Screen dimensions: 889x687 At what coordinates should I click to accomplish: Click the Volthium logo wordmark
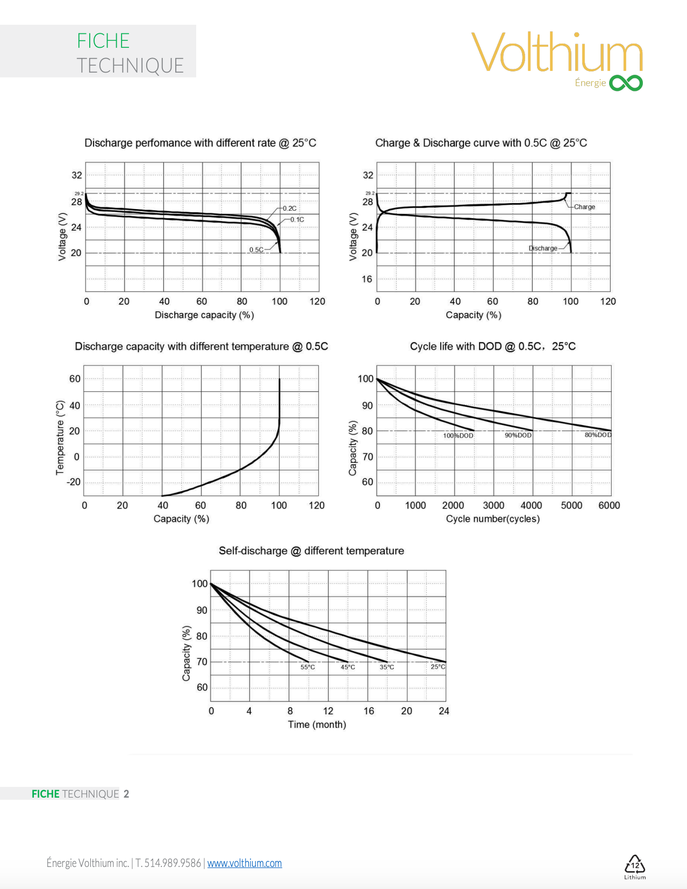tap(557, 52)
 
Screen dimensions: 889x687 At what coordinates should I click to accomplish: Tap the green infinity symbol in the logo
tap(626, 83)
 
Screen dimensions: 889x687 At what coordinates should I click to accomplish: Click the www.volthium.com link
tap(245, 863)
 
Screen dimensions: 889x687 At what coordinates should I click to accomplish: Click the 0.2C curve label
tap(290, 209)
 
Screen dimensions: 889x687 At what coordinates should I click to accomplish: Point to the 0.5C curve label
tap(256, 250)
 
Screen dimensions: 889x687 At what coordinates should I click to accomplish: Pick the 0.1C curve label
tap(297, 219)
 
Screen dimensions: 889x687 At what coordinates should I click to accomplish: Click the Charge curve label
tap(584, 207)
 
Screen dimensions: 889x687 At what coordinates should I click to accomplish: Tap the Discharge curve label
tap(543, 248)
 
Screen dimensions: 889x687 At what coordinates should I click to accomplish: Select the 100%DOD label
tap(458, 436)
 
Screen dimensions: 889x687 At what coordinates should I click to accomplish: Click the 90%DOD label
tap(518, 435)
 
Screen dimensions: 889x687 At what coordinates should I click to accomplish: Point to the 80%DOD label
tap(598, 435)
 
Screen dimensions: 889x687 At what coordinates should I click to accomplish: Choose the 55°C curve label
tap(307, 667)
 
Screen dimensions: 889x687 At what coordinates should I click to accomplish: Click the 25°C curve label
tap(438, 666)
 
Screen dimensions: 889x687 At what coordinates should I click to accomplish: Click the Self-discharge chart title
tap(311, 551)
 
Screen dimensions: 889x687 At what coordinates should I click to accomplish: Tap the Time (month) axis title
tap(317, 725)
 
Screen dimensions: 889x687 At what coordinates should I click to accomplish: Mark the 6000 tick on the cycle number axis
tap(609, 505)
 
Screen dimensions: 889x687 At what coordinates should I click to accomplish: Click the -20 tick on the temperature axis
tap(74, 482)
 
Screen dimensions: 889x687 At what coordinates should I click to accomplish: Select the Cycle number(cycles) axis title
tap(492, 519)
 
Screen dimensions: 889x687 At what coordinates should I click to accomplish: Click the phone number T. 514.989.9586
tap(168, 863)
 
